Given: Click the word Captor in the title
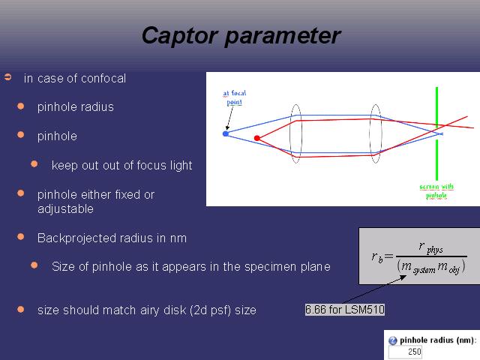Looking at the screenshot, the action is coord(180,36).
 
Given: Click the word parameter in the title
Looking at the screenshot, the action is coord(283,36).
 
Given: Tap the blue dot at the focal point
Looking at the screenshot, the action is coord(226,133).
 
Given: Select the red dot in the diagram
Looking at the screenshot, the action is coord(256,138).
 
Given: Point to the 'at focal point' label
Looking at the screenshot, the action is coord(235,97).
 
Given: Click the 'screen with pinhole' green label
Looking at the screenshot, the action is coord(436,190).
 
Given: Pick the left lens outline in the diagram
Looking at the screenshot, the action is coord(290,133).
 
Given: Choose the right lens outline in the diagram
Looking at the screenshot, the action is coord(370,133).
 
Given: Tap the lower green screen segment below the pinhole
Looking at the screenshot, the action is coord(436,160).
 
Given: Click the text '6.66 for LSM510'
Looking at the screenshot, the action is coord(345,310).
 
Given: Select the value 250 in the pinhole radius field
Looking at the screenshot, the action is coord(415,352).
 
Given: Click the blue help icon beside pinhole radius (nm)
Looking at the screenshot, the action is coord(392,340).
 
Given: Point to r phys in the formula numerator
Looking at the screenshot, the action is coord(430,247).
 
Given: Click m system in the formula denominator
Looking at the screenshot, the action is coord(418,267).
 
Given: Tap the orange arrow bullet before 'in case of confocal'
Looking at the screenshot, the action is coord(8,77).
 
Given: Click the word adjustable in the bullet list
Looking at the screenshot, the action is coord(65,209).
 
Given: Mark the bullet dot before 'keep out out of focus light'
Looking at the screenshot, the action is coord(34,163).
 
